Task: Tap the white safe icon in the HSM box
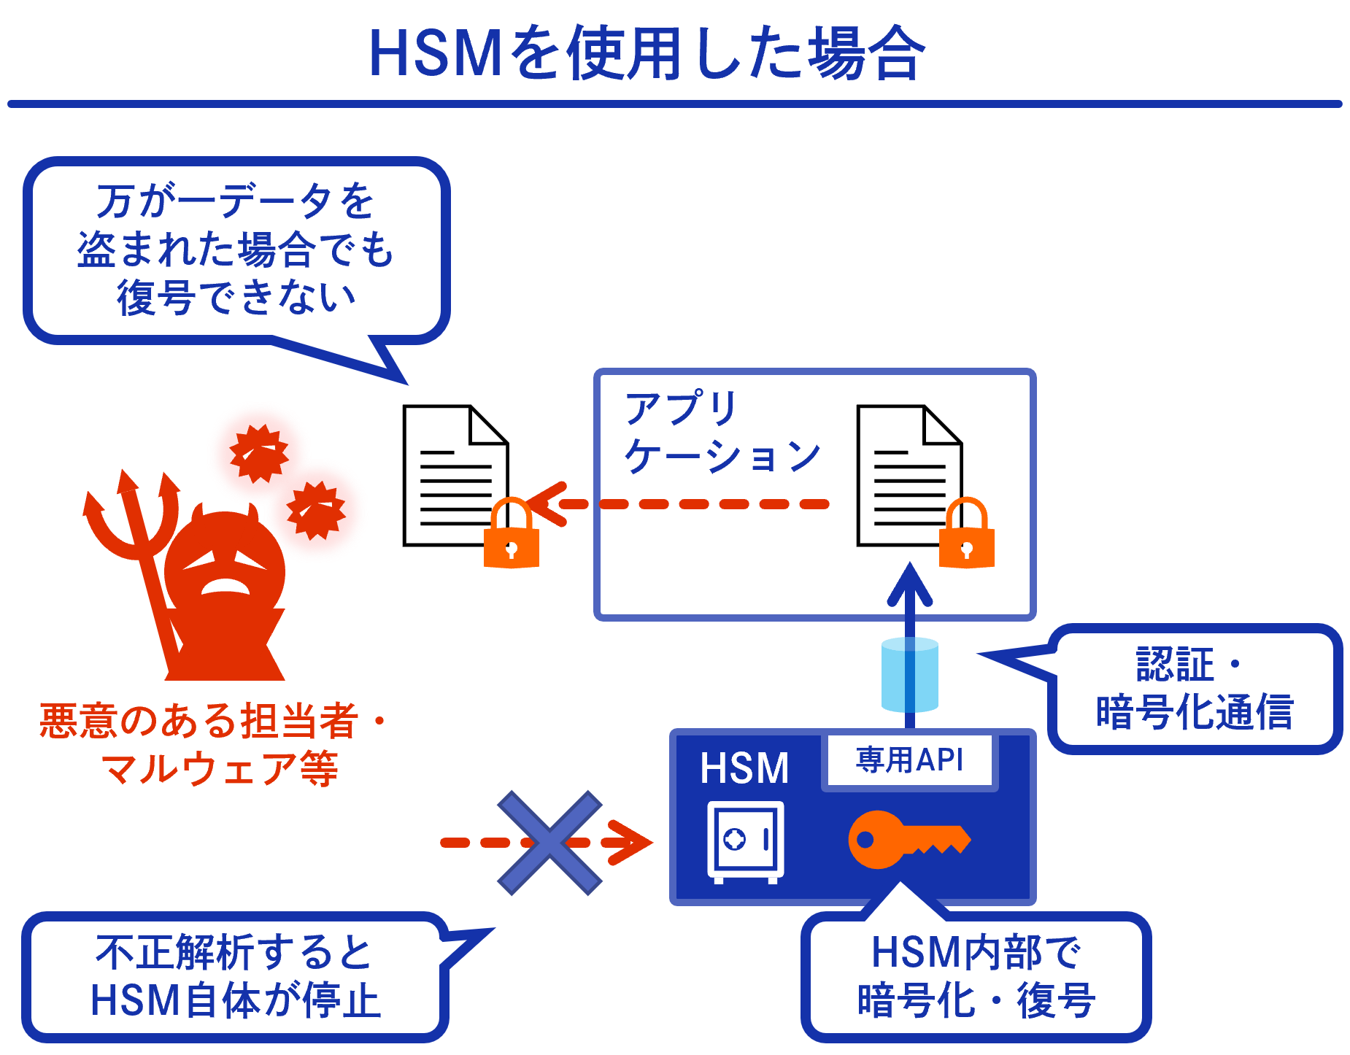745,841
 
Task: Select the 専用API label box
909,761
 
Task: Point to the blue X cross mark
549,843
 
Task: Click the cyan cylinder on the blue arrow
909,674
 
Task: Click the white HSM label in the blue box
744,768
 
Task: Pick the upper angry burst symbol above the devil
259,453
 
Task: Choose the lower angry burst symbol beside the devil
316,510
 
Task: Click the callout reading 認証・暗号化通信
1195,689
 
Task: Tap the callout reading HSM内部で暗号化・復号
976,976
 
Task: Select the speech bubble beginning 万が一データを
235,250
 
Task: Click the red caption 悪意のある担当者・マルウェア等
212,744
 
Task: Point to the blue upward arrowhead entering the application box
909,584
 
